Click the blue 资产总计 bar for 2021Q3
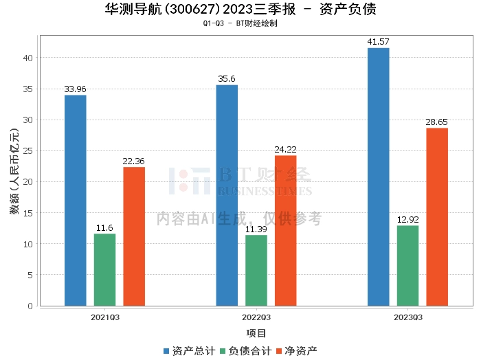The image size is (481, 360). click(75, 201)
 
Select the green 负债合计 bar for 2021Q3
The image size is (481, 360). click(104, 269)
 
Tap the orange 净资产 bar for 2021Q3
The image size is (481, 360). click(134, 236)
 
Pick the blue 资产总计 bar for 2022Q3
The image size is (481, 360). click(227, 195)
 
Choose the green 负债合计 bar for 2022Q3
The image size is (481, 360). click(256, 270)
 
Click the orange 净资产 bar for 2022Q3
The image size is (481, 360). click(286, 230)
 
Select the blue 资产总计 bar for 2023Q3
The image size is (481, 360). click(378, 177)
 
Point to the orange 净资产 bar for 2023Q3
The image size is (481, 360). click(437, 216)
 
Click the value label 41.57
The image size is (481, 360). click(378, 43)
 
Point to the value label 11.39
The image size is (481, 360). click(256, 229)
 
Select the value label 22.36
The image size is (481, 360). click(134, 161)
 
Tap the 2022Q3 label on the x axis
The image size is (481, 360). click(256, 317)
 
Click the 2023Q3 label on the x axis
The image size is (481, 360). click(407, 317)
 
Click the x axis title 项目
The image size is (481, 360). click(256, 333)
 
